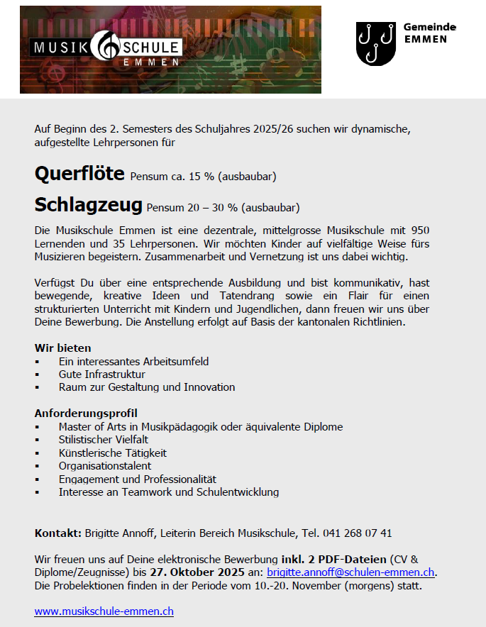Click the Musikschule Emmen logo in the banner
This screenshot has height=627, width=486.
106,51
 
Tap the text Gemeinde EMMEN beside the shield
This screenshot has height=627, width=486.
429,33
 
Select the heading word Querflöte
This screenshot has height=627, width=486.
79,174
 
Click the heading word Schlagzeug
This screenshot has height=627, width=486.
88,206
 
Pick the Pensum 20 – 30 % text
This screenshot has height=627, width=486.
223,208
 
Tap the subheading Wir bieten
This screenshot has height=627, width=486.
62,348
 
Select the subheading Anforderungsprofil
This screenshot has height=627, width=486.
86,414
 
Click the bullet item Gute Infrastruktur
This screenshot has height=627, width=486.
102,374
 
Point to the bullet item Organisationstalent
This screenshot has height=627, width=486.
105,466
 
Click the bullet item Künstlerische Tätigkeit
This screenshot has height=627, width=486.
113,453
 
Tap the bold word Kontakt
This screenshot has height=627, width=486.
58,533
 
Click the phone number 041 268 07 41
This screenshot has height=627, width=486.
357,533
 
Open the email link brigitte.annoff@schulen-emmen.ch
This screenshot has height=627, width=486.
350,572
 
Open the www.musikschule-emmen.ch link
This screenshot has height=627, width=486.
104,611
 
